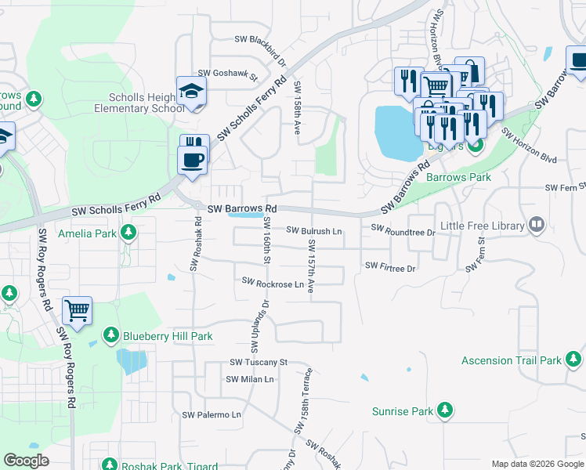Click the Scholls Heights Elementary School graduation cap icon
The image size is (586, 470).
coord(191,92)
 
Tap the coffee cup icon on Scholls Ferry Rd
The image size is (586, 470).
coord(193,161)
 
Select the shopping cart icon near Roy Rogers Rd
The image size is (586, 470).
coord(77,311)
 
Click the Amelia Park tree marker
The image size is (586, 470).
coord(128,233)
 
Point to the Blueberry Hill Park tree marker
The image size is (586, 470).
coord(110,336)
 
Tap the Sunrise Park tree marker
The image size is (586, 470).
coord(445,410)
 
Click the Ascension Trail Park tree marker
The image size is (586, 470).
coord(573,360)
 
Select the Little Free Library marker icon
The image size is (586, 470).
coord(537,226)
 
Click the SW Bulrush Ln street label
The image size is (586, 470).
coord(314,231)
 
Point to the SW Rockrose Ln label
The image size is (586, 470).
coord(273,282)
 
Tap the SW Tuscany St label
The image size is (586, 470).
coord(259,362)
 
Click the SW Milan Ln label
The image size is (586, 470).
coord(250,379)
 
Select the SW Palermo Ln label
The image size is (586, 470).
coord(212,414)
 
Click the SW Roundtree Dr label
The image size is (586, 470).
coord(403,231)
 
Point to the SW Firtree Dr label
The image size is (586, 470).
coord(390,267)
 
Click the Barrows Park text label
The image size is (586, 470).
coord(458,178)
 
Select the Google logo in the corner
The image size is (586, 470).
coord(26,461)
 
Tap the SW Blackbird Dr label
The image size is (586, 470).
coord(261,39)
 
